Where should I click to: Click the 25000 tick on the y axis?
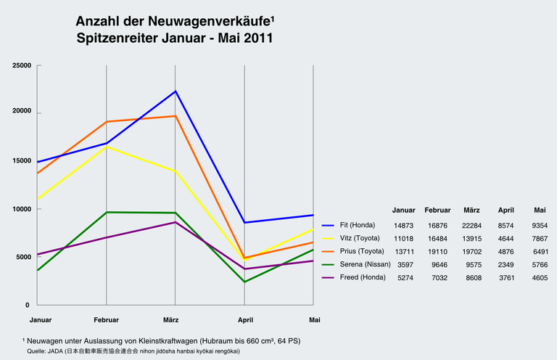coord(21,66)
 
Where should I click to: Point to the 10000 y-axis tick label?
coord(21,209)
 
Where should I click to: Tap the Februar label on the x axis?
coord(106,319)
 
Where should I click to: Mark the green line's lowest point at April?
coord(244,282)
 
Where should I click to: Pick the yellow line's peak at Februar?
coord(107,147)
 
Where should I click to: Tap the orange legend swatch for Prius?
coord(328,252)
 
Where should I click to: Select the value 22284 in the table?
coord(472,226)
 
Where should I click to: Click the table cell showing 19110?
coord(437,252)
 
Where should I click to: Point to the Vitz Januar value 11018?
coord(403,239)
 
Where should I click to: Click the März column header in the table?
coord(472,210)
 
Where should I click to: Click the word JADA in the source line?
coord(53,351)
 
